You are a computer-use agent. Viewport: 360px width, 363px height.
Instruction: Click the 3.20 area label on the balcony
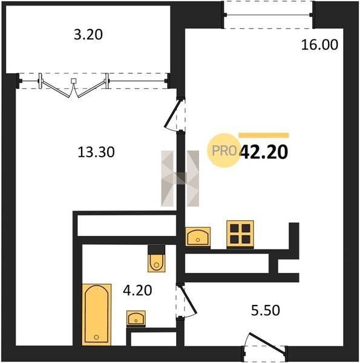(88, 34)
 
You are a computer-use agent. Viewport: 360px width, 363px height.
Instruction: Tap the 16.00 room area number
(319, 45)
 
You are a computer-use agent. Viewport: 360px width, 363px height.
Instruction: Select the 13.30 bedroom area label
(96, 152)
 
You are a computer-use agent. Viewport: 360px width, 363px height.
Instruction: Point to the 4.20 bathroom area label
(137, 290)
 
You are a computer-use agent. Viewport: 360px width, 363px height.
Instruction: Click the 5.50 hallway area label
(266, 310)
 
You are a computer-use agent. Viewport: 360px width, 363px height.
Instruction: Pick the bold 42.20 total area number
(264, 152)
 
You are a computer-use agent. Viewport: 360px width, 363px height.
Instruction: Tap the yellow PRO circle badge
(224, 151)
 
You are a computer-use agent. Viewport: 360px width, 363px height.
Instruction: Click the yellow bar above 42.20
(264, 136)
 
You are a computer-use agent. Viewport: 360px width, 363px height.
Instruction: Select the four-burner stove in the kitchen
(240, 234)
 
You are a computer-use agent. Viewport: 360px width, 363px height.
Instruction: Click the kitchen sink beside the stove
(198, 237)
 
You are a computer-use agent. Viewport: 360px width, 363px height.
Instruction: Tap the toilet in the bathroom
(157, 258)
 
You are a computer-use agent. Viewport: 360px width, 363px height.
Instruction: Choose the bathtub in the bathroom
(97, 315)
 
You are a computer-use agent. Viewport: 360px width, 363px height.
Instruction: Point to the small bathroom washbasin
(136, 318)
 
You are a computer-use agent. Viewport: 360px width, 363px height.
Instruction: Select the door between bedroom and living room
(175, 116)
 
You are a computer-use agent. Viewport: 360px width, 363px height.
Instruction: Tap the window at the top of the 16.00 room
(268, 15)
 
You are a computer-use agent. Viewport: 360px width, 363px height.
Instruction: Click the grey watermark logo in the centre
(180, 178)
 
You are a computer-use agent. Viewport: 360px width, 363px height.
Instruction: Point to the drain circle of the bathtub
(97, 338)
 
